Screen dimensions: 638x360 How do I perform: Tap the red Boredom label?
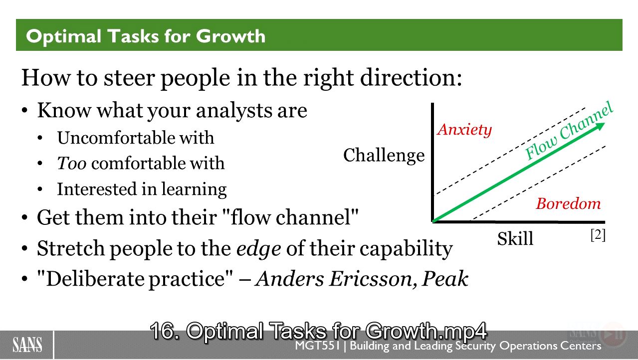(568, 203)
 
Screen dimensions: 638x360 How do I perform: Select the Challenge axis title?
(384, 156)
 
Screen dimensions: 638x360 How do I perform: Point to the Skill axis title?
(515, 238)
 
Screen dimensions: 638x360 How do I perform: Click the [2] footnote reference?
(598, 235)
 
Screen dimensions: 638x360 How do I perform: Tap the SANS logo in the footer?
(27, 345)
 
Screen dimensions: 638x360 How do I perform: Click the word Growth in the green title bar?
(230, 36)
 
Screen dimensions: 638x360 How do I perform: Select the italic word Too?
(72, 163)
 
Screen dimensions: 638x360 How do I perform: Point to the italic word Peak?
(445, 278)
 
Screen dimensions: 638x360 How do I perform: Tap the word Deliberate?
(95, 279)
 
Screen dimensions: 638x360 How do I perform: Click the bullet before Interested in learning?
(40, 189)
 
